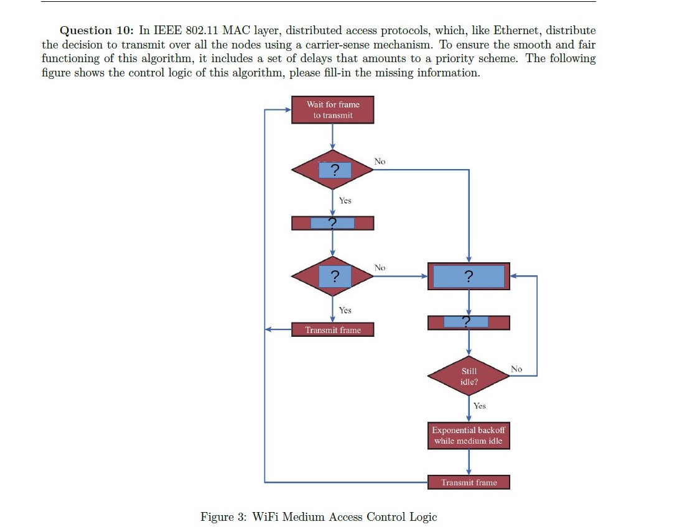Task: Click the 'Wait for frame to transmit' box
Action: pyautogui.click(x=333, y=110)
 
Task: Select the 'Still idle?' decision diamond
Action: pyautogui.click(x=469, y=376)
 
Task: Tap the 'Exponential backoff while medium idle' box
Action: pyautogui.click(x=469, y=436)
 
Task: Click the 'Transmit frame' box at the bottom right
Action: pyautogui.click(x=469, y=482)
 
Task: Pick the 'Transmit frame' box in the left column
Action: pyautogui.click(x=333, y=330)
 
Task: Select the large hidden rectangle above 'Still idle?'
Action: pyautogui.click(x=469, y=276)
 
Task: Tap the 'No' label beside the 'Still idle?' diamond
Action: pyautogui.click(x=516, y=369)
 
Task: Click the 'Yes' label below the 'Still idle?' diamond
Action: pyautogui.click(x=479, y=406)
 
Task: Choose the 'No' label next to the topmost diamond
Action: pyautogui.click(x=380, y=162)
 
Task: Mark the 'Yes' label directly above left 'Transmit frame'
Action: pyautogui.click(x=345, y=310)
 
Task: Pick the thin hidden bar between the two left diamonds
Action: pyautogui.click(x=333, y=223)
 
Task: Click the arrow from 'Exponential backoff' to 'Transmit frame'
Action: pyautogui.click(x=469, y=462)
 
